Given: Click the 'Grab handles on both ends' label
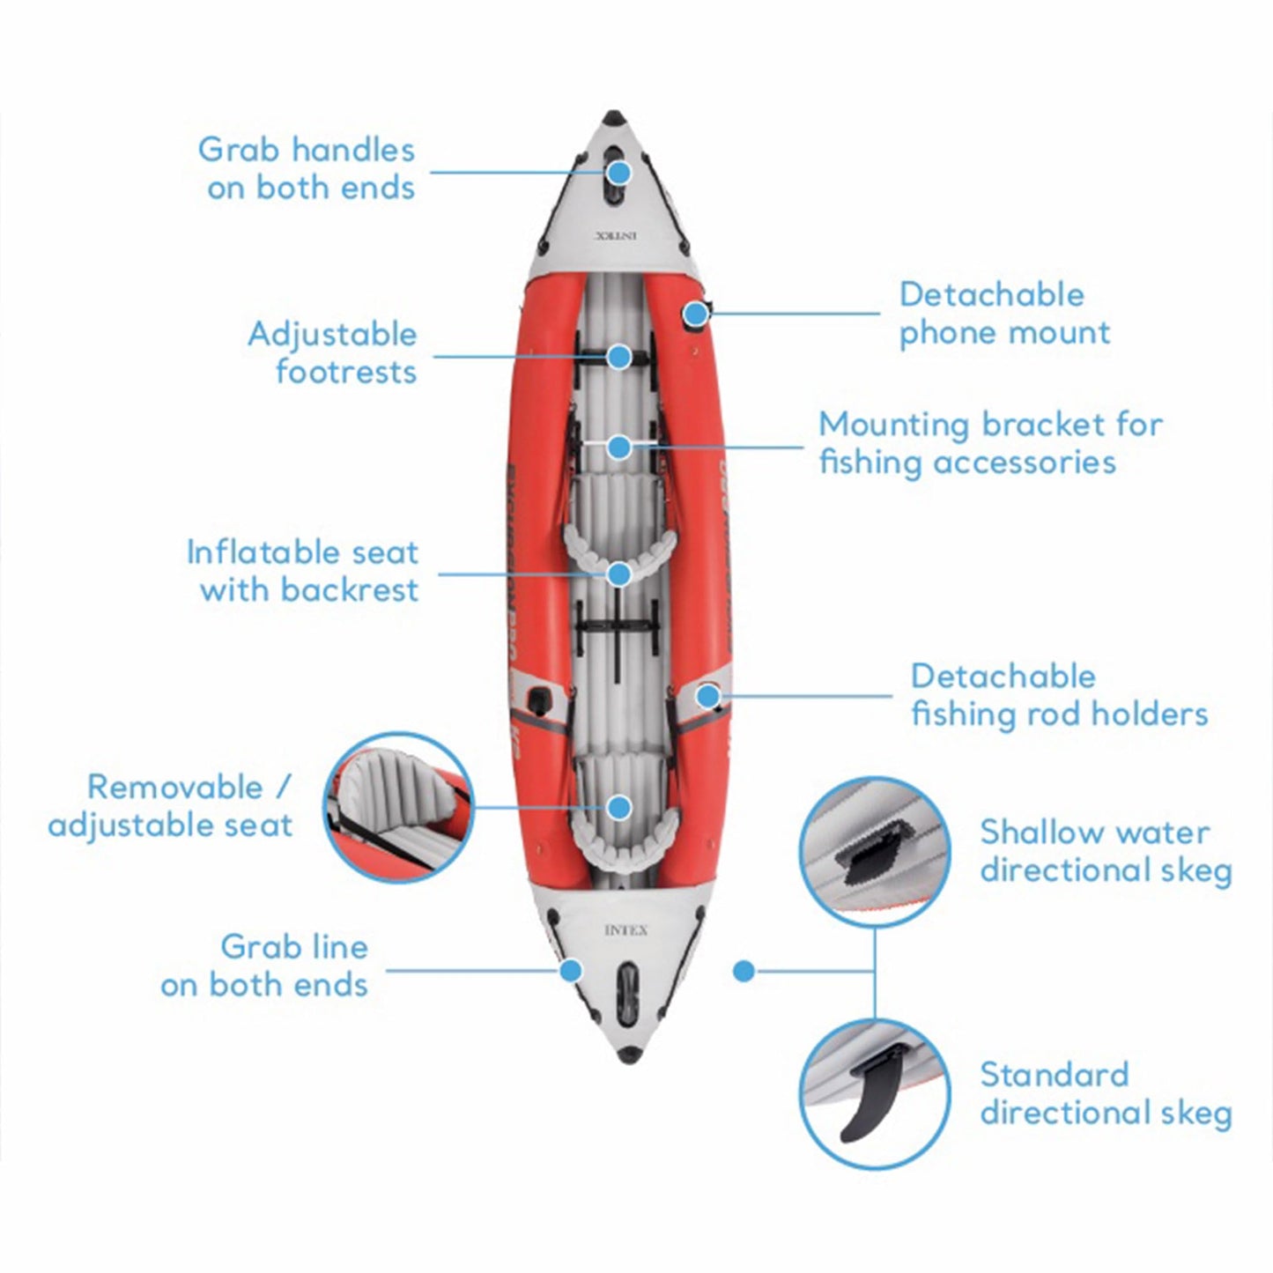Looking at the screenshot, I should tap(307, 168).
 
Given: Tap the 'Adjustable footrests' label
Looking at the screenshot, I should tap(332, 352).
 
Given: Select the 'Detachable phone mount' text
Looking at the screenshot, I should tap(1003, 314).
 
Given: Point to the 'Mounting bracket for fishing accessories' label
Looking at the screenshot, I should tap(990, 443).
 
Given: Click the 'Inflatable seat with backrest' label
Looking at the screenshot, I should tap(302, 571).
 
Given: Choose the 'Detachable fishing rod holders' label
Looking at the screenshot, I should tap(1059, 695).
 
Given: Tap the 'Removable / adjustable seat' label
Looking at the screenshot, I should tap(170, 806).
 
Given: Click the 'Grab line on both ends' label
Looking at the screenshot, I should tap(264, 966).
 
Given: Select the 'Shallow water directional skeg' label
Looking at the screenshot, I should tap(1106, 851).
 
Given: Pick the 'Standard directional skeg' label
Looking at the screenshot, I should tap(1106, 1093).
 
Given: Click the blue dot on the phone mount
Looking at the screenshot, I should tap(696, 313).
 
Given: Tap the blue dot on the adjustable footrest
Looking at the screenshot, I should tap(619, 357).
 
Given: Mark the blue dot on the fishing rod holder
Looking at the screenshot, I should tap(707, 696).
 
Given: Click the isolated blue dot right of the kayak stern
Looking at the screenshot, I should tap(744, 971).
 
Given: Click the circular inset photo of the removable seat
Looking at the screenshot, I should tap(399, 807).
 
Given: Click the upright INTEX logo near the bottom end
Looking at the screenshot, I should tap(626, 930).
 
